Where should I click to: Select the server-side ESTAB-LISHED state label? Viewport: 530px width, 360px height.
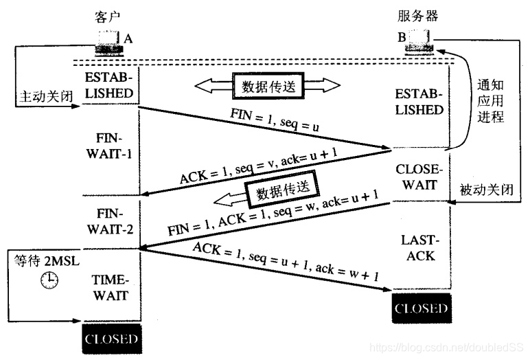[x=421, y=101]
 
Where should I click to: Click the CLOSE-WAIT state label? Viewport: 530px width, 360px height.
[x=421, y=177]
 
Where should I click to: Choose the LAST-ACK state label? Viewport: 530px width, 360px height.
[x=421, y=247]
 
